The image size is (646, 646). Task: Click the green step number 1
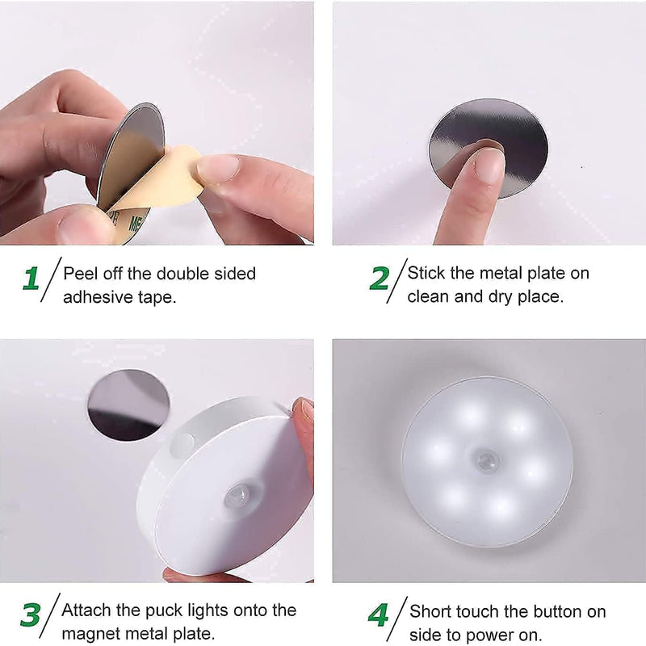coord(31,279)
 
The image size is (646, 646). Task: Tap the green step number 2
coord(379,279)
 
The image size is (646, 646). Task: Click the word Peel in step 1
coord(79,273)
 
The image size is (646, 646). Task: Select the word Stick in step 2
coord(425,273)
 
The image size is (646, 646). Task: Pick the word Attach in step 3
coord(86,610)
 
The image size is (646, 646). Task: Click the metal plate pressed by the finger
coord(517,137)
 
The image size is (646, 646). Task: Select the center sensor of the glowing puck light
coord(487,462)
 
